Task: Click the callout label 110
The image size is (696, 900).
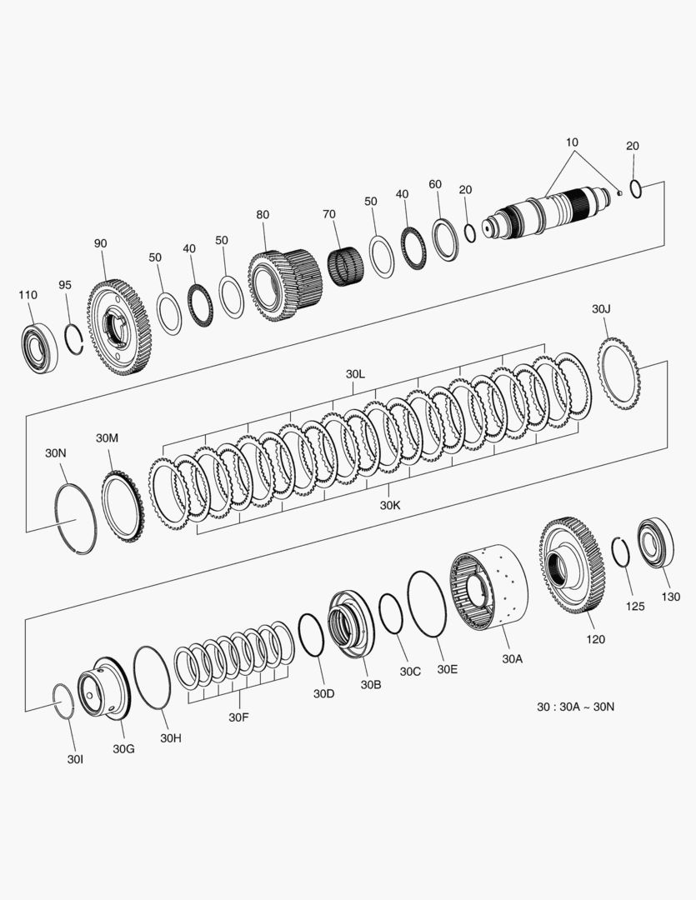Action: coord(28,295)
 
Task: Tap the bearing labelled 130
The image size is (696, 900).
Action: coord(656,542)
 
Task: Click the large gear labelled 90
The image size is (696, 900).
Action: coord(119,327)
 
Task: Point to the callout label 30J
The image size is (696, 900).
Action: coord(601,309)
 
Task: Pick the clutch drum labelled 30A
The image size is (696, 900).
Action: coord(488,588)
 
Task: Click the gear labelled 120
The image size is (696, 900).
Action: coord(572,565)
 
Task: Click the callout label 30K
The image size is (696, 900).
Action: coord(390,505)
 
